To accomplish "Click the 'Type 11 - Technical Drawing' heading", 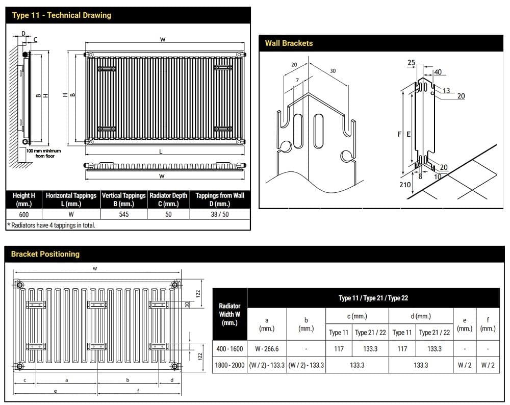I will pyautogui.click(x=61, y=15).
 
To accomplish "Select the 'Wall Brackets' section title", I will pyautogui.click(x=289, y=43).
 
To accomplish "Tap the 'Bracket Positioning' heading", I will pyautogui.click(x=45, y=254).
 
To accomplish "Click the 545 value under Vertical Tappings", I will pyautogui.click(x=123, y=214).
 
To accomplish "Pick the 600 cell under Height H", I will pyautogui.click(x=24, y=214).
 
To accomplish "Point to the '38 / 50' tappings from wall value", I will pyautogui.click(x=220, y=214).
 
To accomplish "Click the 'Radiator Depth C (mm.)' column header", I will pyautogui.click(x=168, y=199).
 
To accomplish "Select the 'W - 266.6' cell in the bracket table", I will pyautogui.click(x=267, y=349).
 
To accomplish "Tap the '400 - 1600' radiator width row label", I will pyautogui.click(x=229, y=349).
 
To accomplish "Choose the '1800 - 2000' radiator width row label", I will pyautogui.click(x=229, y=365).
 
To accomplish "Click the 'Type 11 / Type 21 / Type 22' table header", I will pyautogui.click(x=373, y=298).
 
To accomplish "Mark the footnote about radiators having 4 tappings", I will pyautogui.click(x=51, y=225).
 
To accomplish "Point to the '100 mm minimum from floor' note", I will pyautogui.click(x=43, y=154).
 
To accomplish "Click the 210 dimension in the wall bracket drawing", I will pyautogui.click(x=405, y=185).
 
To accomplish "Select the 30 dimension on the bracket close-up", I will pyautogui.click(x=333, y=71).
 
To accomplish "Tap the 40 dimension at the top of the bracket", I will pyautogui.click(x=438, y=72).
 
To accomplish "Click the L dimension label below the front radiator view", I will pyautogui.click(x=161, y=151).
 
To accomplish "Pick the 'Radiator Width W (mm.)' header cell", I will pyautogui.click(x=229, y=314).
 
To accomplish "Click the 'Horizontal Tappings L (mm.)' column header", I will pyautogui.click(x=71, y=199).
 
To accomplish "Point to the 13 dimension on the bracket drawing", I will pyautogui.click(x=446, y=91).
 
